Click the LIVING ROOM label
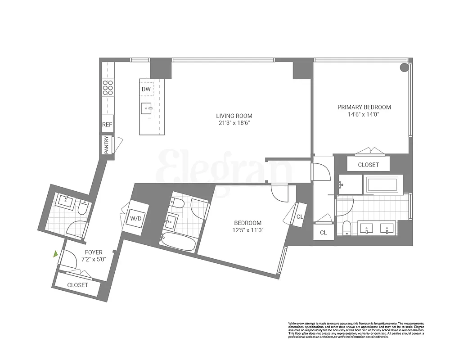click(x=234, y=116)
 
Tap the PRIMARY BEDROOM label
click(x=364, y=107)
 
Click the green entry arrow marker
click(x=55, y=254)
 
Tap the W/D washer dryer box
click(x=136, y=219)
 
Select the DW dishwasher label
click(x=146, y=89)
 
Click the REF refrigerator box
click(x=107, y=125)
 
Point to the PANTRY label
click(x=107, y=145)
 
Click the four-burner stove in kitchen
click(x=108, y=87)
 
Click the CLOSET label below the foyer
click(x=78, y=285)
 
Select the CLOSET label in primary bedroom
click(x=368, y=165)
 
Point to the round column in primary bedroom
click(x=404, y=67)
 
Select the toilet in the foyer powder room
click(x=83, y=207)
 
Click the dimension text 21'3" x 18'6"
click(x=234, y=123)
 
